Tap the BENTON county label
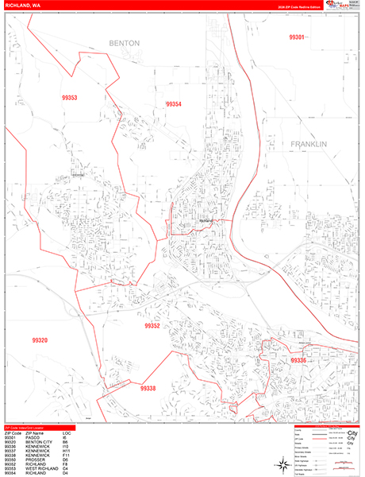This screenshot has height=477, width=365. click(x=124, y=42)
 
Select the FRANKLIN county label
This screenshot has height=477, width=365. click(x=309, y=144)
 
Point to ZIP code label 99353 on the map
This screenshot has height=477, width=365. click(x=69, y=98)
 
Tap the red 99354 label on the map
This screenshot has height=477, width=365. click(x=174, y=104)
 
